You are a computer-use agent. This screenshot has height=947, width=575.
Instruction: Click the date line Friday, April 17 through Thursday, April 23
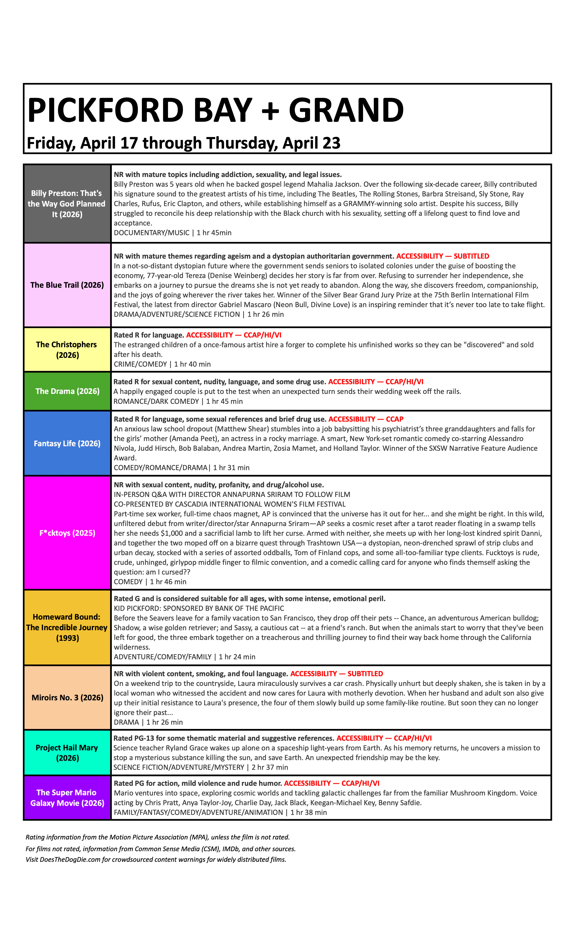click(183, 143)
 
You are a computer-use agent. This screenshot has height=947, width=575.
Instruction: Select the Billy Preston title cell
click(67, 204)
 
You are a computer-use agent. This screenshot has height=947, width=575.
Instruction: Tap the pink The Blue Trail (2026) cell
click(67, 285)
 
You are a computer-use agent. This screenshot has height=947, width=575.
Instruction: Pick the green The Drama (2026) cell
click(67, 391)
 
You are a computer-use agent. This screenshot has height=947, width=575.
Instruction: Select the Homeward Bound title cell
click(67, 627)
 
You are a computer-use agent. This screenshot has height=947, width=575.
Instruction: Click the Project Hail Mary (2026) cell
click(67, 753)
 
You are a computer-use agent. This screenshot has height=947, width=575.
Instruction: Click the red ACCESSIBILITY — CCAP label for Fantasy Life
click(366, 419)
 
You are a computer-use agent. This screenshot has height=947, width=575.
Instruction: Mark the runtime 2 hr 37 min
click(270, 767)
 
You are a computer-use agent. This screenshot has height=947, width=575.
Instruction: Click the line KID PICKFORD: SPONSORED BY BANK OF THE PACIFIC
click(199, 608)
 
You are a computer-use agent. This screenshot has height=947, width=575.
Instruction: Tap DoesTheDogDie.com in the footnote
click(70, 859)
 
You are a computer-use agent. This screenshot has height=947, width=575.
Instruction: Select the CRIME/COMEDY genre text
click(140, 364)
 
